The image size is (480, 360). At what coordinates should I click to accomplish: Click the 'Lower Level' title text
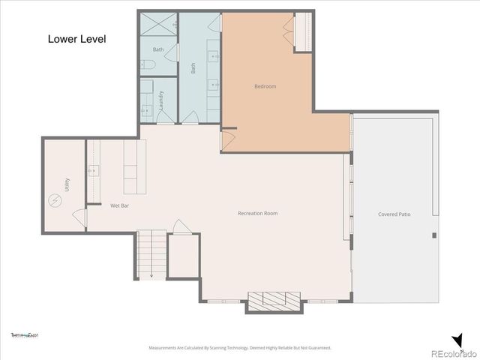[76, 38]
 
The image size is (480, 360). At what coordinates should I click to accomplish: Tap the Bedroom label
[265, 87]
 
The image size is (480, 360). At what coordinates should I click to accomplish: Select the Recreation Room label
[257, 214]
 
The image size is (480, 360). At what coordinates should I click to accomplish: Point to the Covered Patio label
[394, 214]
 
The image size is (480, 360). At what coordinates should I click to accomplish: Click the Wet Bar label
[121, 205]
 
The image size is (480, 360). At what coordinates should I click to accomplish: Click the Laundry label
[160, 101]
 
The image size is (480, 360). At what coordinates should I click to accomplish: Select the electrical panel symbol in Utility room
[55, 200]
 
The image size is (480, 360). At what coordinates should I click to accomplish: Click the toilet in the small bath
[148, 66]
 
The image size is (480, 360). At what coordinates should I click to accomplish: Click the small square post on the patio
[433, 236]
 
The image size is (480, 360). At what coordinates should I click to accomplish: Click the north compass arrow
[457, 340]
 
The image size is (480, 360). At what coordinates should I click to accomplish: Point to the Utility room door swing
[79, 217]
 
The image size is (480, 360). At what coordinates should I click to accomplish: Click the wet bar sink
[94, 170]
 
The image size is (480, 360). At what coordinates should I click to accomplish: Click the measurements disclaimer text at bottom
[240, 348]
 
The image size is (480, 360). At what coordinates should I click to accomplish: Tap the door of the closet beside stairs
[180, 226]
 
